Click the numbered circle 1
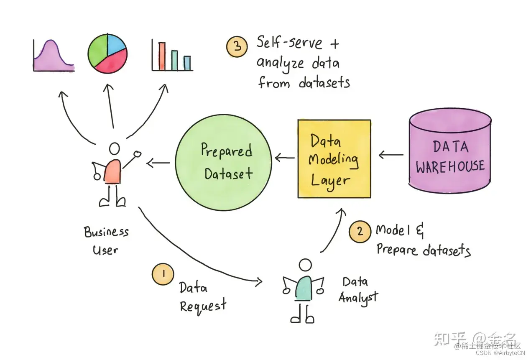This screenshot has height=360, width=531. pos(163,274)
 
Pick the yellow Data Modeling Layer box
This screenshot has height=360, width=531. pos(334,159)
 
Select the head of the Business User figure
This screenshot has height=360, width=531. pos(114,149)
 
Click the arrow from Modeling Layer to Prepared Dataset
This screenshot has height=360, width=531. pos(284,158)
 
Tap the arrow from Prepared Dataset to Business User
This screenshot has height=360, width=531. pos(158,162)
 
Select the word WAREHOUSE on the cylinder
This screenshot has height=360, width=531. pos(450,166)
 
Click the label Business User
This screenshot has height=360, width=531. pos(106,240)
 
